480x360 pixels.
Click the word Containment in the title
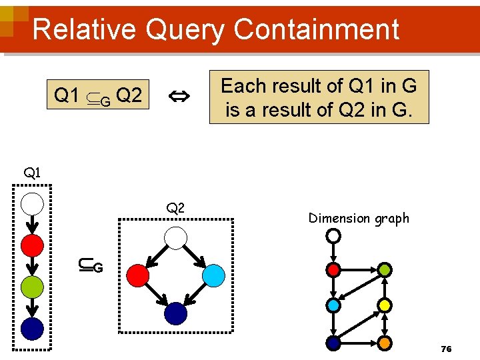317,30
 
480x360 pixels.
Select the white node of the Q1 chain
32,203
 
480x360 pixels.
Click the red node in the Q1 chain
32,245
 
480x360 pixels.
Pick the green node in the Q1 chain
32,287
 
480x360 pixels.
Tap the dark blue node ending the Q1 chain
32,328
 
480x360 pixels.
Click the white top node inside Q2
175,237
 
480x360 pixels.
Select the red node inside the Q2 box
136,275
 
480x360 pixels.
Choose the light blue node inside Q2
213,275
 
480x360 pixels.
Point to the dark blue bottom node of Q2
175,313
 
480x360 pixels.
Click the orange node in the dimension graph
385,343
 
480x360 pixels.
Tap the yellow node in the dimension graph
385,306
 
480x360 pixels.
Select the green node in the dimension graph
385,270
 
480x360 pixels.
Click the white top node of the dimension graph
333,236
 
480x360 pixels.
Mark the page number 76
447,349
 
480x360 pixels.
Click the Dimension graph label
359,218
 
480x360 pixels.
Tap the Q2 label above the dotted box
175,209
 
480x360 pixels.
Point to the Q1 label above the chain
32,173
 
